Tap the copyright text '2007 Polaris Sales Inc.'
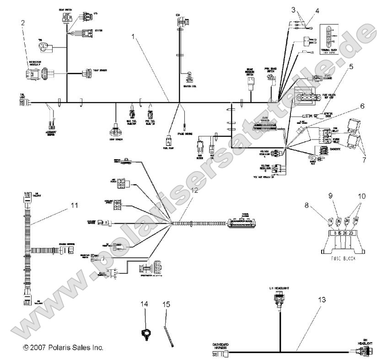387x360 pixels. point(63,348)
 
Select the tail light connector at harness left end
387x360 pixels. point(22,102)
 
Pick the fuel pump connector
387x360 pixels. point(168,140)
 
